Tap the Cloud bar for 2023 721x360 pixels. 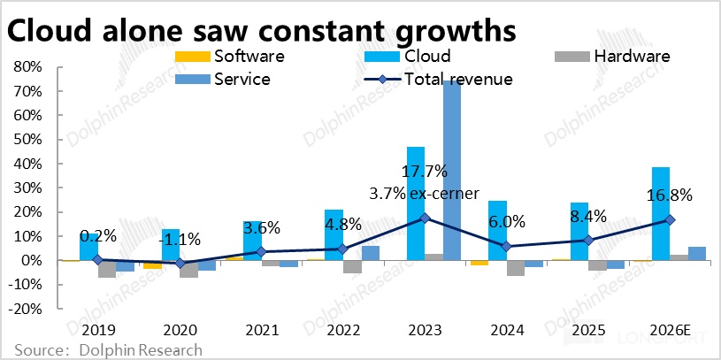[415, 203]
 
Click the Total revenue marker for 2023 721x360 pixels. [425, 218]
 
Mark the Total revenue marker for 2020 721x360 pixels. [180, 263]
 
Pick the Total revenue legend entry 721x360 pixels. [458, 78]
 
